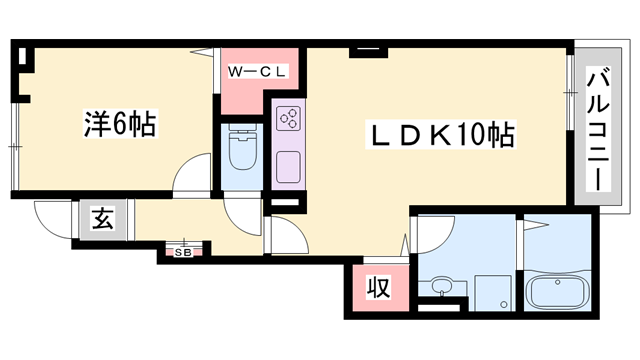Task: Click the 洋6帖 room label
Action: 118,126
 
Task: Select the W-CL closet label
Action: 257,71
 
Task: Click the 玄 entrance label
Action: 103,218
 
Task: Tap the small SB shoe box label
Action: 185,252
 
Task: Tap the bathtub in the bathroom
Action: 559,295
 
